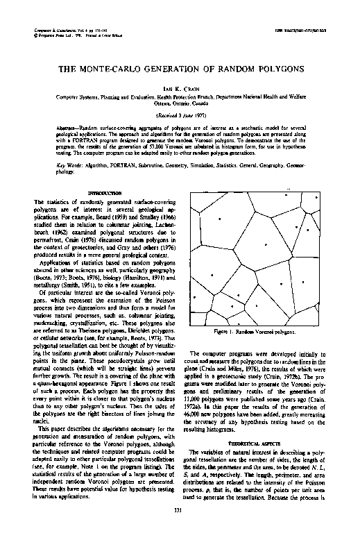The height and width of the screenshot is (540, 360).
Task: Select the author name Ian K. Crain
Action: (180, 89)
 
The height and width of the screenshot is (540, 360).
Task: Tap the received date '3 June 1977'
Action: (184, 115)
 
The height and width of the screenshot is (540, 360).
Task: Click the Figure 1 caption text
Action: (266, 332)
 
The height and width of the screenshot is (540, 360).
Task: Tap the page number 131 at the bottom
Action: (180, 531)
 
